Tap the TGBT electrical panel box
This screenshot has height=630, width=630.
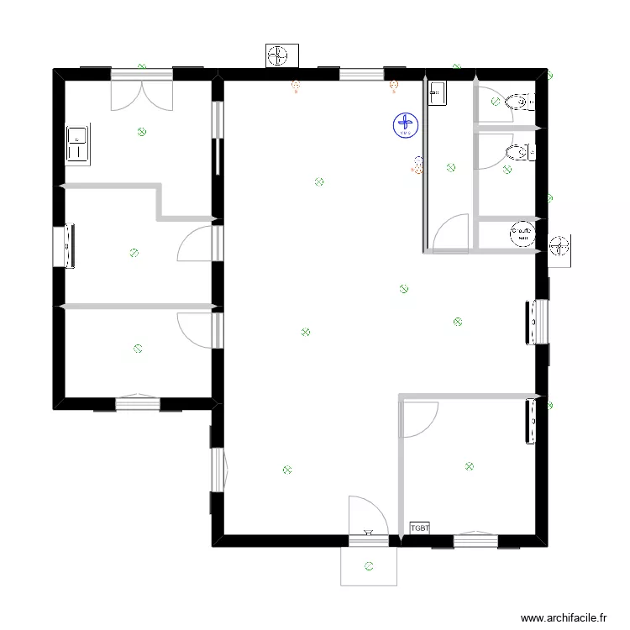point(419,528)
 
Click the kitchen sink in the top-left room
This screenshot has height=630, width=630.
point(78,143)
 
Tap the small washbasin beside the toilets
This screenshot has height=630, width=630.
point(438,93)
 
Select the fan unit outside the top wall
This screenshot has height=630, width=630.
point(278,56)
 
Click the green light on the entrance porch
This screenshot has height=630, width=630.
point(370,565)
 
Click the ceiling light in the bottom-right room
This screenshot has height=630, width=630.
point(469,466)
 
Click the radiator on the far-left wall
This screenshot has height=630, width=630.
point(67,245)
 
